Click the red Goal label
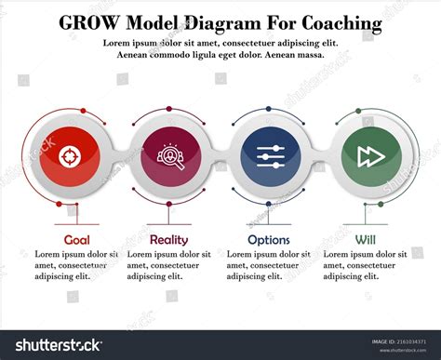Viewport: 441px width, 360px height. [76, 239]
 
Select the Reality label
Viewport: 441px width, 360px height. [167, 239]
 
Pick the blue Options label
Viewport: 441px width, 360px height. [269, 239]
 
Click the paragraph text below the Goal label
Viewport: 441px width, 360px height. [76, 264]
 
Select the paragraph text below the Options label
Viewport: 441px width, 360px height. [269, 264]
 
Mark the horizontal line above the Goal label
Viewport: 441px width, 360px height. [76, 224]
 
